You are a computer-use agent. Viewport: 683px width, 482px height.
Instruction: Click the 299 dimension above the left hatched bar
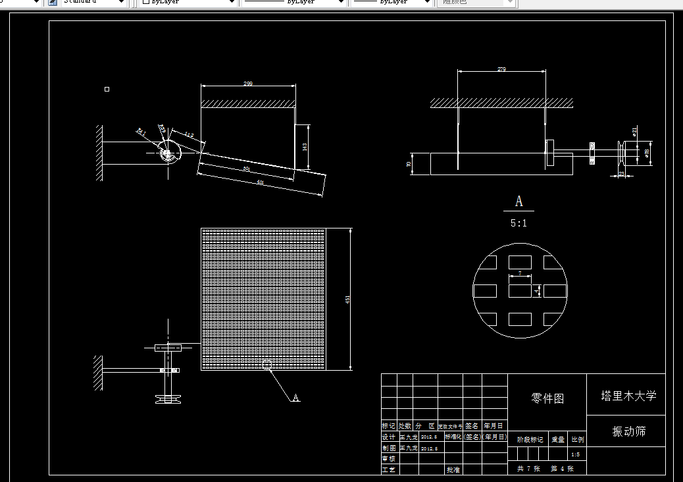(248, 84)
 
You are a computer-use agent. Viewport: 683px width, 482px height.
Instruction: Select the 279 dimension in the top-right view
(501, 69)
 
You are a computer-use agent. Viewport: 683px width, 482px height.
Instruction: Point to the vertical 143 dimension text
(304, 147)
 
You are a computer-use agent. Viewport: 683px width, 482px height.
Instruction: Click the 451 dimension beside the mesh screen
(347, 300)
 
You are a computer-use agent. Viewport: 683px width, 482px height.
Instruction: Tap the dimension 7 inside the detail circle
(520, 273)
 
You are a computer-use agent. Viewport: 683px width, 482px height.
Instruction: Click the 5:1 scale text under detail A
(519, 223)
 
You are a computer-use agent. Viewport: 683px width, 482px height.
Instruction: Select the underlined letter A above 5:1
(519, 201)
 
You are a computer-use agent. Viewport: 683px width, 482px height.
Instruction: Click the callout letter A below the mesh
(296, 398)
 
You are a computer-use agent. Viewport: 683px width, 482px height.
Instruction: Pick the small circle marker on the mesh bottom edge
(266, 365)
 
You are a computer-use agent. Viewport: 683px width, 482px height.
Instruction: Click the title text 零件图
(547, 398)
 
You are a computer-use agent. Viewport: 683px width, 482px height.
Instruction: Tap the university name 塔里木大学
(628, 396)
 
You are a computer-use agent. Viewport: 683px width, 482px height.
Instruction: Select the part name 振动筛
(628, 431)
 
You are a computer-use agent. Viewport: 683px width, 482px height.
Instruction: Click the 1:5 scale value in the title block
(575, 454)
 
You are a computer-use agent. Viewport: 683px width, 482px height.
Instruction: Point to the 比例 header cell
(577, 439)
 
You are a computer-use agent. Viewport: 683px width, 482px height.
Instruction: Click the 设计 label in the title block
(389, 437)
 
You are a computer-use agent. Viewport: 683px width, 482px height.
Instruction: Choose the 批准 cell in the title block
(453, 469)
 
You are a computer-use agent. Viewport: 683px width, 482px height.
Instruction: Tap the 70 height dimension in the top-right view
(409, 163)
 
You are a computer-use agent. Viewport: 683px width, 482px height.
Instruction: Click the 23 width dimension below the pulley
(622, 174)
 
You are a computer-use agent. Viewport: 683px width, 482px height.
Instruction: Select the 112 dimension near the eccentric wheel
(189, 135)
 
